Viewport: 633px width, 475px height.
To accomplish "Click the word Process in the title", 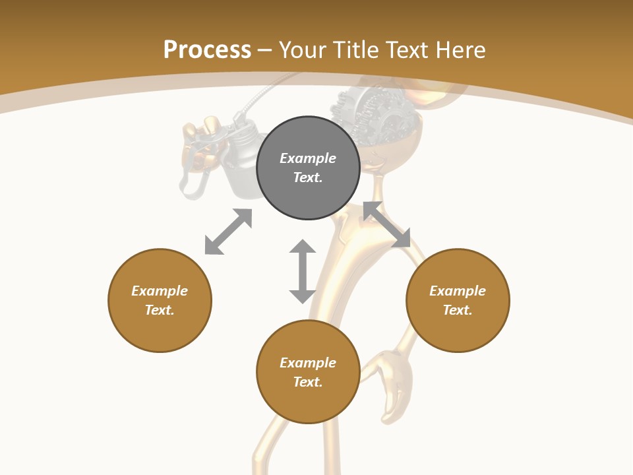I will point(207,50).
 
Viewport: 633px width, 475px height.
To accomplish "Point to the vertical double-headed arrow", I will point(303,271).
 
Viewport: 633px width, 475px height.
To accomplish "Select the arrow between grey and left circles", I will point(228,231).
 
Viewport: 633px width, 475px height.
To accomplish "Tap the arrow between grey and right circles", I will point(387,224).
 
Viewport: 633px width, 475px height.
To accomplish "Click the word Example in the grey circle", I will point(308,158).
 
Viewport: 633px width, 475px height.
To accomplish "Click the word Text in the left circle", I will point(160,310).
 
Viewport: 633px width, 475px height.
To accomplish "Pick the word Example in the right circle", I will point(458,291).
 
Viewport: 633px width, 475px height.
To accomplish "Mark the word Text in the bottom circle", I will point(308,382).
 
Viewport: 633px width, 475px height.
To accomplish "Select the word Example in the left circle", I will point(160,291).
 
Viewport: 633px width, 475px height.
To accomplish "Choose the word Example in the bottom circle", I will point(308,363).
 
